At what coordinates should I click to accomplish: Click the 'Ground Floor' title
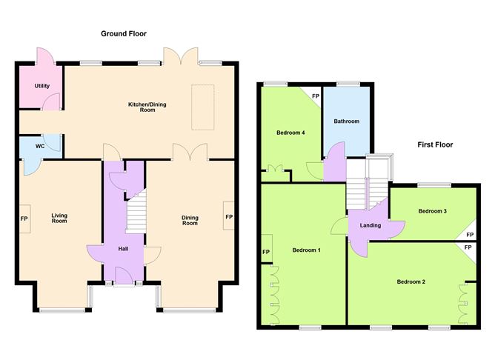click(124, 33)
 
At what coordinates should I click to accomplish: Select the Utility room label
click(41, 86)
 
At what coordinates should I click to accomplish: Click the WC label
click(40, 146)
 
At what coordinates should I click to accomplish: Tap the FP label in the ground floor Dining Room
click(228, 217)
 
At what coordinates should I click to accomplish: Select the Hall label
click(124, 248)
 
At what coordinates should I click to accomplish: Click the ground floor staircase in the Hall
click(136, 210)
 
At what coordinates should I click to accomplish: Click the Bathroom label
click(346, 121)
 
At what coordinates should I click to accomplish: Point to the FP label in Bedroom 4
click(315, 96)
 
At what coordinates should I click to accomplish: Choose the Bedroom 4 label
click(291, 133)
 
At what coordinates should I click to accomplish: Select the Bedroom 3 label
click(432, 211)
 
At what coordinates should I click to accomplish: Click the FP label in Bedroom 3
click(468, 235)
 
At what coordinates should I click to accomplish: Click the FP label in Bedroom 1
click(265, 252)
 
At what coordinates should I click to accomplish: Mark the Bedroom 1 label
click(306, 250)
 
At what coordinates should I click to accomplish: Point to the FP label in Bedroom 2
click(468, 248)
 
